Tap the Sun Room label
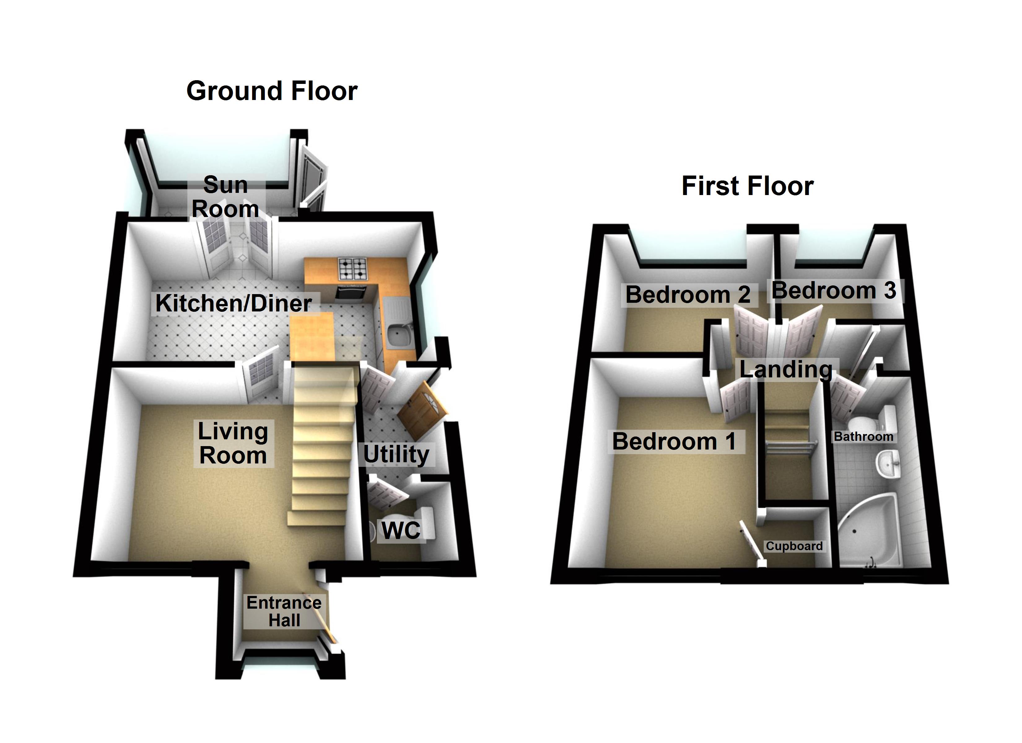(225, 197)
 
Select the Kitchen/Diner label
(234, 303)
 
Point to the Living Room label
(233, 443)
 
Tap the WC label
(401, 530)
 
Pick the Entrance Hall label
(284, 611)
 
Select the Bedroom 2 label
(688, 295)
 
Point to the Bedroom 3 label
(834, 291)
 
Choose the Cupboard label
(794, 546)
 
